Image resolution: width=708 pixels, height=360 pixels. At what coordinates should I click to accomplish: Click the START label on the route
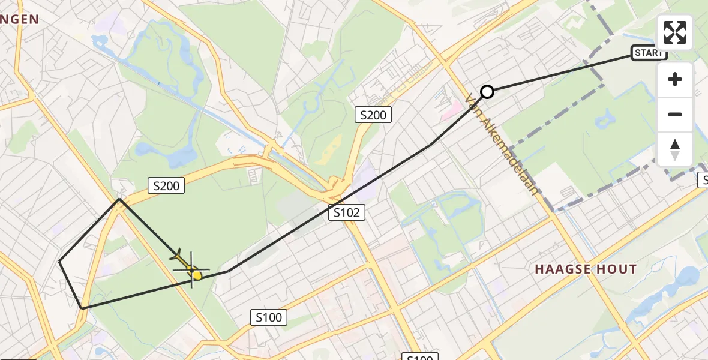(x=649, y=53)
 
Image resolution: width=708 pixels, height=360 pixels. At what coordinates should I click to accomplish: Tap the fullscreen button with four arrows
(x=675, y=32)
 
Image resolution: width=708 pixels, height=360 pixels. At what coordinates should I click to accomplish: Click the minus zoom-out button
(x=675, y=114)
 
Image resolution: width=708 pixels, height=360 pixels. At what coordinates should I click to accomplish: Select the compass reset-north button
(x=675, y=149)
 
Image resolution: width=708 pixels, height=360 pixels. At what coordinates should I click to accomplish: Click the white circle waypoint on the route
(x=487, y=92)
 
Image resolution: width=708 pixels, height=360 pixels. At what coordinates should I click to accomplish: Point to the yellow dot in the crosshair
(x=197, y=275)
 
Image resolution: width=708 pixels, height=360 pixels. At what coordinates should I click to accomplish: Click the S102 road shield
(x=346, y=212)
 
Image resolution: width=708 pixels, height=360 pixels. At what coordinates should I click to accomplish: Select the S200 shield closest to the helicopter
(x=166, y=186)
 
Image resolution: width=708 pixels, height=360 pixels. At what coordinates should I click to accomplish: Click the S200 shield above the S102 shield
(x=373, y=115)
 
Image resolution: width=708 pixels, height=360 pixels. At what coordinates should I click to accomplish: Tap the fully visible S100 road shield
(x=269, y=317)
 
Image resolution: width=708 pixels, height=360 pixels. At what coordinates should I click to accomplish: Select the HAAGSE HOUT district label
(x=585, y=269)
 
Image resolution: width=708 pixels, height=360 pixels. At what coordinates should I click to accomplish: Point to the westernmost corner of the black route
(x=59, y=262)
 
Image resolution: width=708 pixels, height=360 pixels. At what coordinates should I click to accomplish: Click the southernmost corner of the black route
(x=82, y=308)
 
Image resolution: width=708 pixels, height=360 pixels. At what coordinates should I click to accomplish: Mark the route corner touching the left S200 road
(x=119, y=199)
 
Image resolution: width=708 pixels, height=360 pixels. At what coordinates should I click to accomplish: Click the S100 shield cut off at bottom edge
(x=419, y=357)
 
